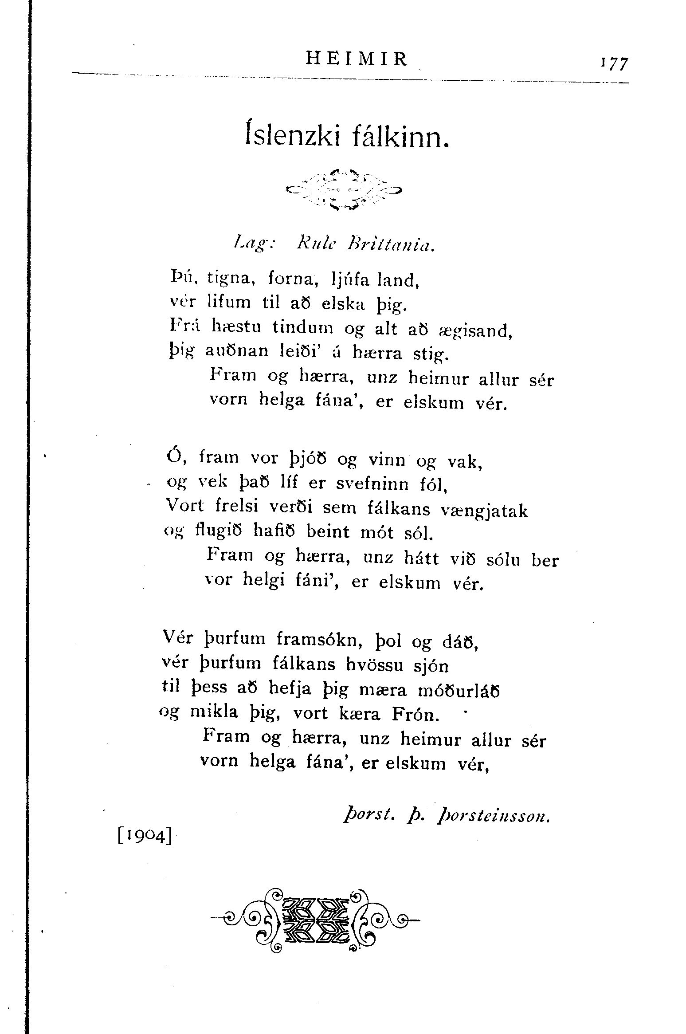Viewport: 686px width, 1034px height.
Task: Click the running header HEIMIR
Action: pyautogui.click(x=357, y=59)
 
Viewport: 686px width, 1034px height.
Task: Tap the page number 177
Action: pyautogui.click(x=615, y=63)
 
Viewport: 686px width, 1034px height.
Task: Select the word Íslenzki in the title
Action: pyautogui.click(x=291, y=137)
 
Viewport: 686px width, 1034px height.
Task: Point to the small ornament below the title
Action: pyautogui.click(x=344, y=190)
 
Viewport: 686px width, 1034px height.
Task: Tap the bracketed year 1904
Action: pyautogui.click(x=145, y=837)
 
